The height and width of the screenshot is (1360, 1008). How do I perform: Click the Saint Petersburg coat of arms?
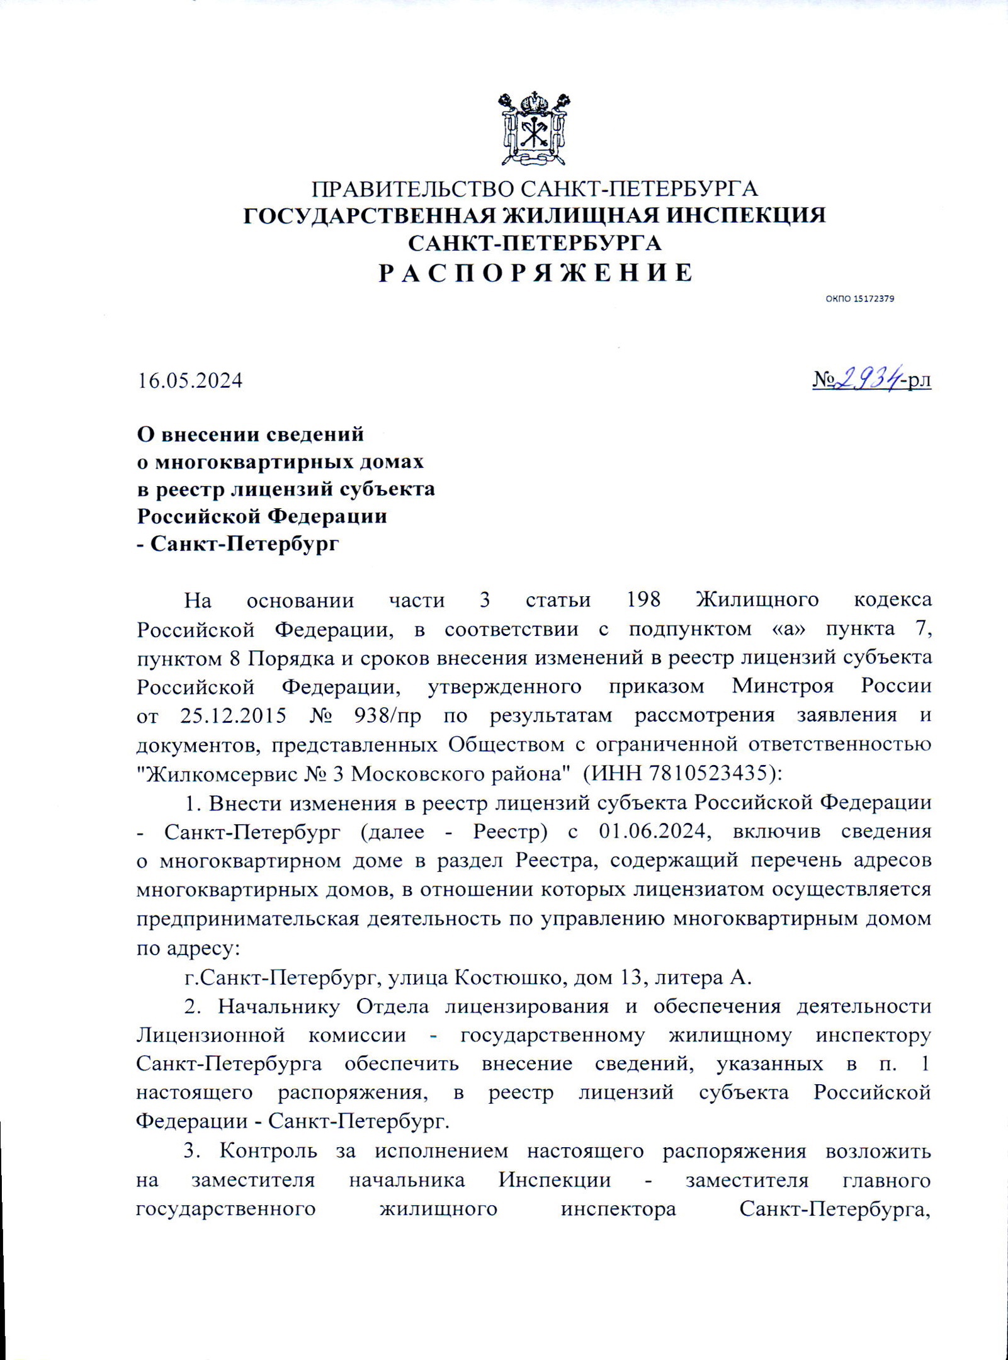[x=535, y=128]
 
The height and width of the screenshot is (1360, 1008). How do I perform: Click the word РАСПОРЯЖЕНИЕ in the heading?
[x=535, y=273]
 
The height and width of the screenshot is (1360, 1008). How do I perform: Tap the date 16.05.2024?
[x=190, y=381]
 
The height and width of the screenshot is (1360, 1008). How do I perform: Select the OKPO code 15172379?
[x=873, y=298]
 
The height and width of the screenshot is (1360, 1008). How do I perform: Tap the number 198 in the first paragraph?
[x=644, y=599]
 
